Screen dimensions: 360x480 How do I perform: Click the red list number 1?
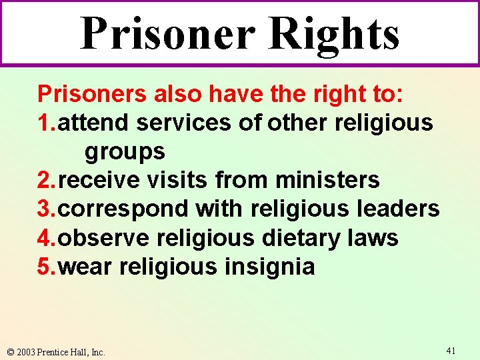click(45, 123)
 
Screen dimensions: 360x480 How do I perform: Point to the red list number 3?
click(45, 209)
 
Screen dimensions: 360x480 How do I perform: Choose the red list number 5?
click(45, 267)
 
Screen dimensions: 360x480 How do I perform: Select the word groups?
click(125, 152)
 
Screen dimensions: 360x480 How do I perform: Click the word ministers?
click(327, 180)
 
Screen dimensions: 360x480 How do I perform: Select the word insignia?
click(269, 267)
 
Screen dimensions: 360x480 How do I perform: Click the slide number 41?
click(451, 349)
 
